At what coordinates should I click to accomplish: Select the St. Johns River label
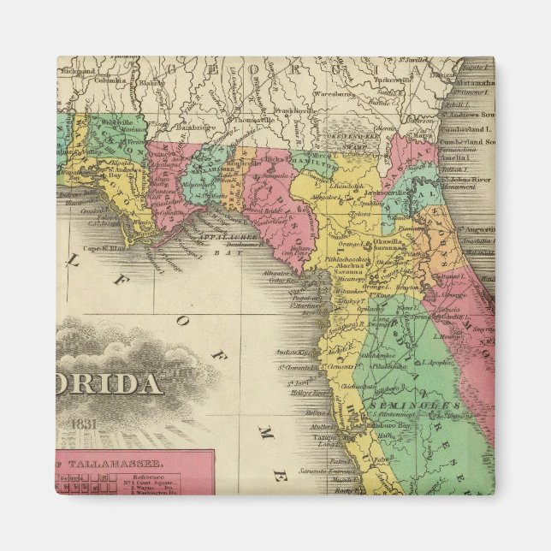coord(467,181)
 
